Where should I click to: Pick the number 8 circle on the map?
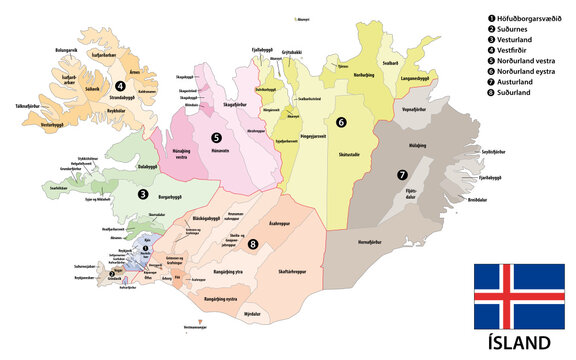tap(252, 243)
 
